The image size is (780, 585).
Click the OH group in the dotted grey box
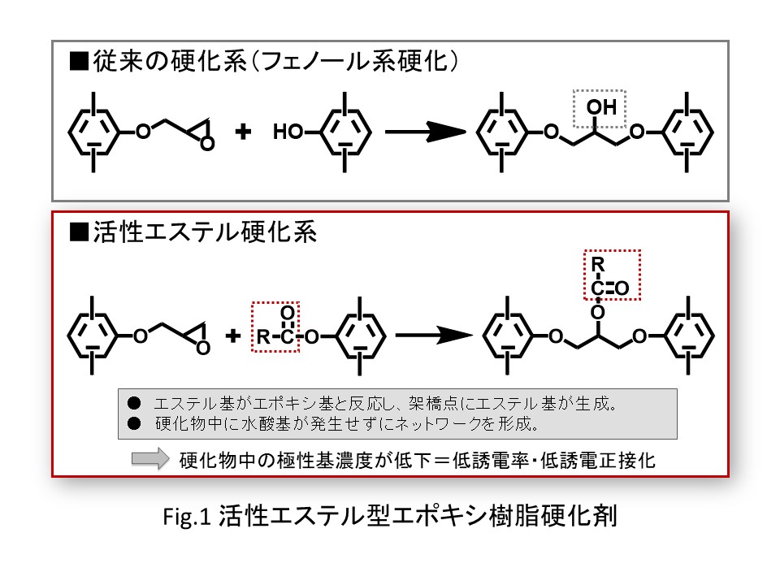point(601,107)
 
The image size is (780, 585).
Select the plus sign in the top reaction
point(241,132)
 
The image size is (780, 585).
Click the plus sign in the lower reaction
point(235,335)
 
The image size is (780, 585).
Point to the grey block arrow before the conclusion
point(149,459)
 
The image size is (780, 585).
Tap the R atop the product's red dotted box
point(597,264)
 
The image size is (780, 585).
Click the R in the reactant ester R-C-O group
point(262,336)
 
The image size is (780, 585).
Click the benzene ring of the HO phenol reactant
point(345,131)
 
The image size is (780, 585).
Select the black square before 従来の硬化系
point(79,62)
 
